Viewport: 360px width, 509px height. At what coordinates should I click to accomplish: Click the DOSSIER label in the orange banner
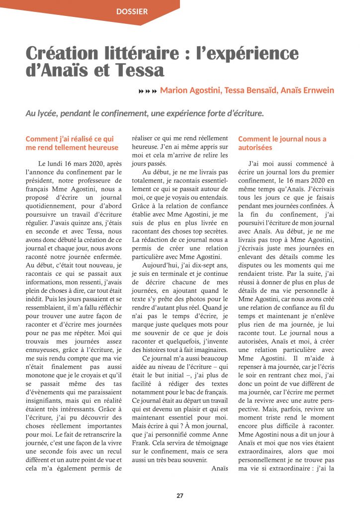[132, 11]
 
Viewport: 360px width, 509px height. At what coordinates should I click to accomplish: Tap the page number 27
[180, 496]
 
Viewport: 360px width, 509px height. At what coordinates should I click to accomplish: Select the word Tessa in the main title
[139, 70]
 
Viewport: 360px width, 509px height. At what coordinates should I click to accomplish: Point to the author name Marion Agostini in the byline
[190, 90]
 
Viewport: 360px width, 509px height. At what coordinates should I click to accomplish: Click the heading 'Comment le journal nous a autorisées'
[282, 143]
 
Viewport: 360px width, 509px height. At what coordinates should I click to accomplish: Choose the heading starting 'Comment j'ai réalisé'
[72, 143]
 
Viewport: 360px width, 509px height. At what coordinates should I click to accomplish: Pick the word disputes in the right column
[252, 266]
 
